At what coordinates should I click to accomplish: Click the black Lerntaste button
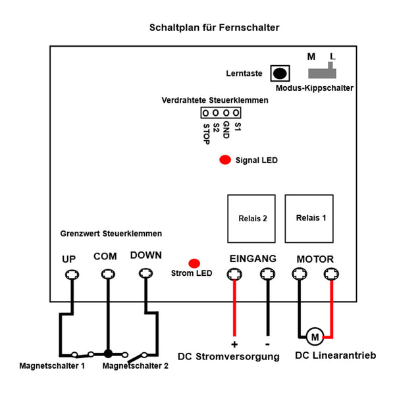click(x=280, y=73)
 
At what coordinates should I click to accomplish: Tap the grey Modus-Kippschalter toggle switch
click(x=322, y=72)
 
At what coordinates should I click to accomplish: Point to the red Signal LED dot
click(x=225, y=160)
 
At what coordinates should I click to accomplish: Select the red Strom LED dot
click(x=194, y=263)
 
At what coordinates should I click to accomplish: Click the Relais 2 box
click(x=251, y=219)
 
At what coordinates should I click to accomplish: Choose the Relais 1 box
click(x=309, y=219)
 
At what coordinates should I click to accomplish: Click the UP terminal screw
click(x=72, y=275)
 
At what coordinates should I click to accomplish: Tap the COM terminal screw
click(x=108, y=274)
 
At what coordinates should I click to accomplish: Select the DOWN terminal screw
click(x=146, y=273)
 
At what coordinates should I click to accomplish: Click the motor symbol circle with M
click(x=315, y=336)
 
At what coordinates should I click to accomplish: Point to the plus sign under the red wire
click(x=234, y=344)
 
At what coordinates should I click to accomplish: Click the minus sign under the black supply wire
click(x=267, y=344)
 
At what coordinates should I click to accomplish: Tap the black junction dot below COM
click(x=108, y=354)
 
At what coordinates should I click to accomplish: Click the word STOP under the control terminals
click(x=206, y=134)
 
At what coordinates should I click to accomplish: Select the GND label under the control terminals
click(x=226, y=130)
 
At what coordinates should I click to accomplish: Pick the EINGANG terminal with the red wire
click(x=234, y=274)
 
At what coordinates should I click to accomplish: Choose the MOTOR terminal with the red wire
click(x=331, y=274)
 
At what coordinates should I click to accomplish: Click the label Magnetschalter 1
click(x=52, y=366)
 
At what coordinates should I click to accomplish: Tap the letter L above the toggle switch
click(x=332, y=56)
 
